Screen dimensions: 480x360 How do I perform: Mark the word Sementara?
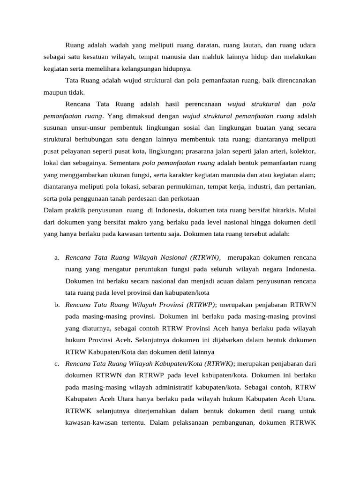pyautogui.click(x=124, y=163)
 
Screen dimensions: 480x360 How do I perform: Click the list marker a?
pyautogui.click(x=56, y=258)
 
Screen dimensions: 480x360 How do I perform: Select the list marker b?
pyautogui.click(x=56, y=305)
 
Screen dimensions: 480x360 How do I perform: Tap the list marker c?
pyautogui.click(x=56, y=364)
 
